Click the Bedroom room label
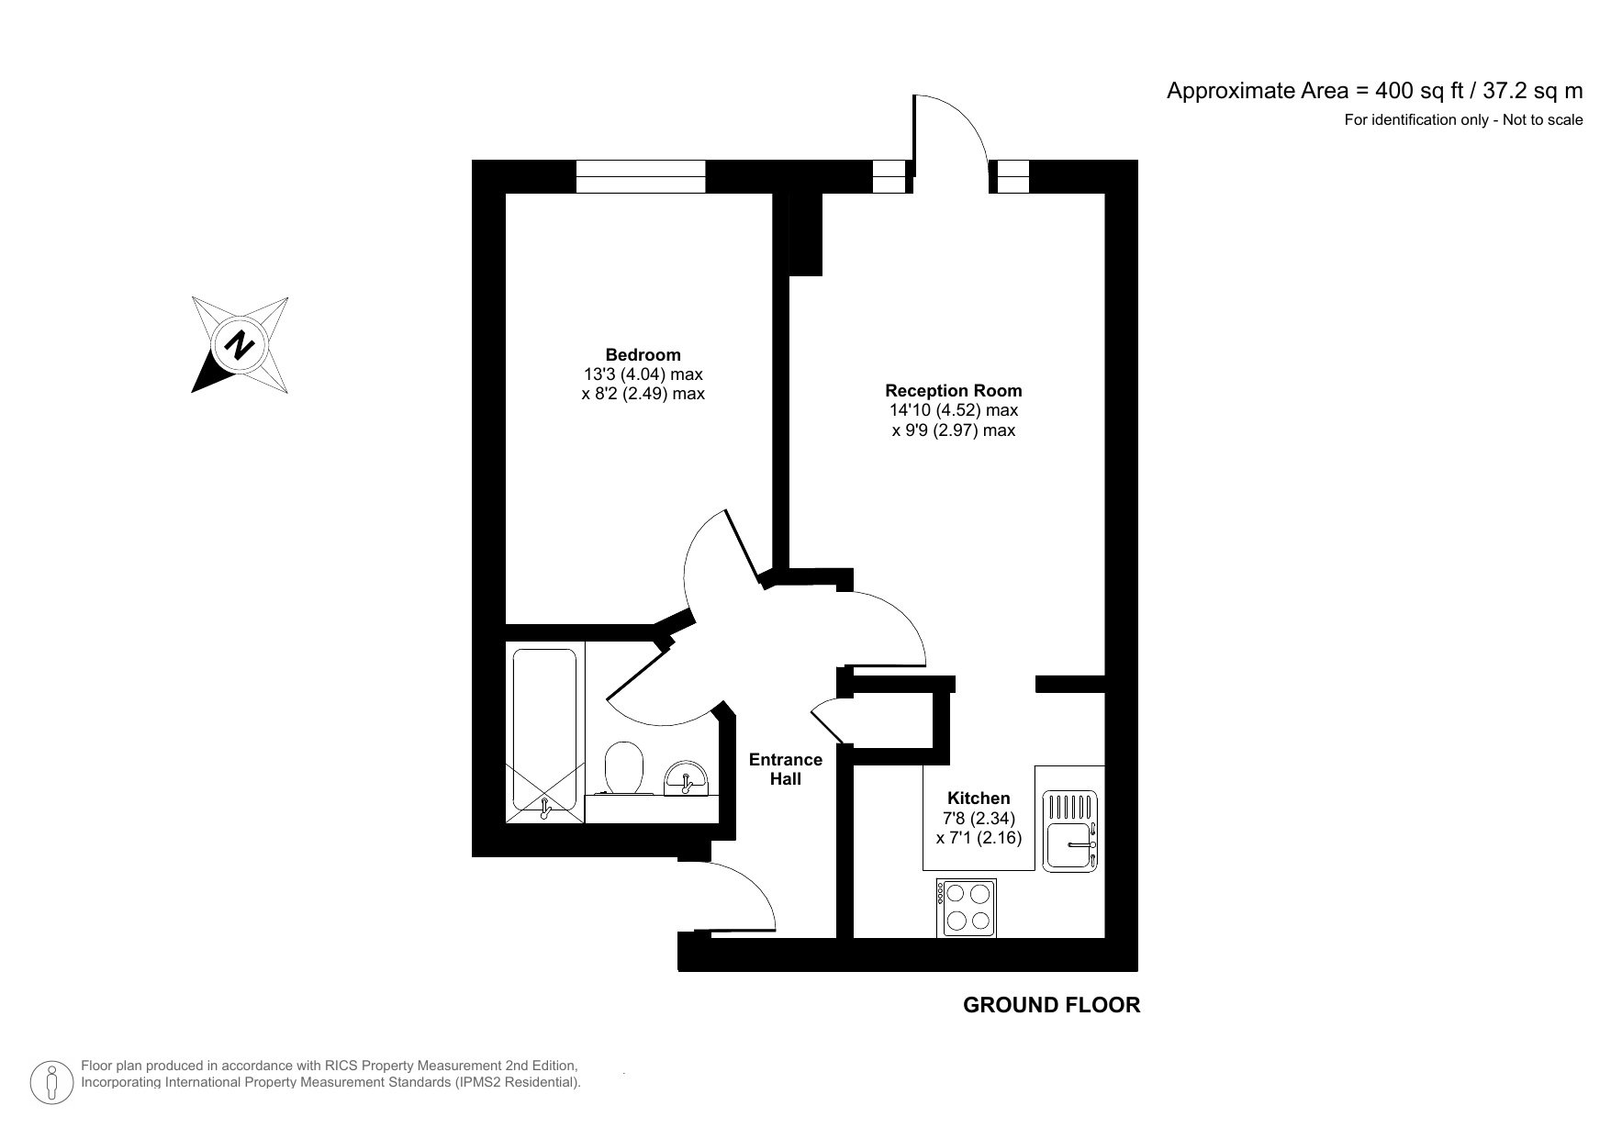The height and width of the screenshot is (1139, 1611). (x=643, y=355)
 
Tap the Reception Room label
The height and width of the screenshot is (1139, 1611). (x=953, y=390)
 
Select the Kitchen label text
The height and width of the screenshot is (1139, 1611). (x=979, y=798)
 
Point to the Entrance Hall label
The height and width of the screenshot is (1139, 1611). (x=785, y=769)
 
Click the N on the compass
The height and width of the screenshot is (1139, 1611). (x=241, y=345)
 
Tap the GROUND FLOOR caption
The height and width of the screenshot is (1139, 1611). (x=1051, y=1005)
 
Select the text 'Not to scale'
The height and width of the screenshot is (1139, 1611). (x=1542, y=119)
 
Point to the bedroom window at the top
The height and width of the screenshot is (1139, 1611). (x=641, y=176)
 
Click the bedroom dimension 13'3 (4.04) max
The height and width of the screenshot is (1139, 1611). (x=643, y=374)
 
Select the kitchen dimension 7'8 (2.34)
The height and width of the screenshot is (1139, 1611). (x=979, y=819)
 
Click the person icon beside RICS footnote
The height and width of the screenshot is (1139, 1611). (x=52, y=1082)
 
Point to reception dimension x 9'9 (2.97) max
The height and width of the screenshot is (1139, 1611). (x=953, y=430)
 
